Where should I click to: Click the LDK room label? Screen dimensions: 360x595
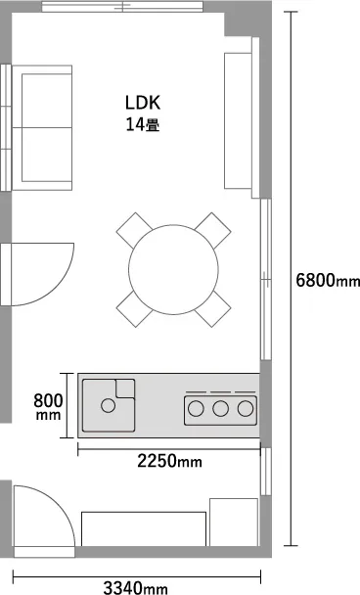tap(143, 103)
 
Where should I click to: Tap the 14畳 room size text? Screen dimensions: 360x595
tap(143, 125)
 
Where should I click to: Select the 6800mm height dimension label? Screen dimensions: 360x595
tap(328, 281)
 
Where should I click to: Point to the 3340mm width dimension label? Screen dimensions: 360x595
tap(135, 588)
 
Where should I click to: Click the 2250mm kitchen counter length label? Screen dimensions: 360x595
tap(169, 461)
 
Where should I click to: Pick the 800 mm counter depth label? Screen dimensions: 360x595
tap(48, 406)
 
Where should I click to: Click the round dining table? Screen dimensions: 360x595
tap(173, 269)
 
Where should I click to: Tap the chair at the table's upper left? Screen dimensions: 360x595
tap(133, 230)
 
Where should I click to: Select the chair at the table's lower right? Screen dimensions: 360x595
tap(213, 309)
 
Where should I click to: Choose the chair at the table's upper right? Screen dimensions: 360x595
tap(213, 230)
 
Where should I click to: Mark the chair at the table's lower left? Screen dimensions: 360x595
tap(134, 309)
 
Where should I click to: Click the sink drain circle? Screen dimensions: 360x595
tap(109, 406)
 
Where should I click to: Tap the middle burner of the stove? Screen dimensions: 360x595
tap(220, 409)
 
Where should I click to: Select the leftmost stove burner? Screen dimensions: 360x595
tap(196, 409)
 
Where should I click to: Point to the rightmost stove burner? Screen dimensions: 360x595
tap(246, 409)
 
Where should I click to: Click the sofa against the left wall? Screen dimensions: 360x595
tap(42, 127)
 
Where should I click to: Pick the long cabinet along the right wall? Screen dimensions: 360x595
tap(238, 120)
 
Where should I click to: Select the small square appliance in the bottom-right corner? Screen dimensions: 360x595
tap(234, 523)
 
